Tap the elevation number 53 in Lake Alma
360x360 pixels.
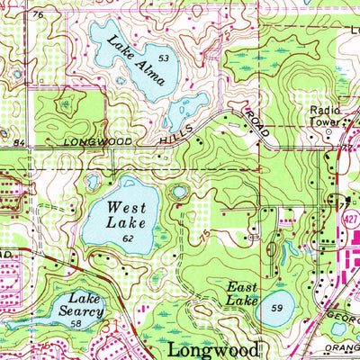point(163,58)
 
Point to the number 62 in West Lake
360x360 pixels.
point(129,239)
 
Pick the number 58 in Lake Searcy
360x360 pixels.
point(77,323)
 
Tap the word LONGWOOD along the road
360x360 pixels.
point(98,142)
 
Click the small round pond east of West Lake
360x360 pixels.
point(181,192)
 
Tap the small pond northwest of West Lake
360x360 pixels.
point(93,182)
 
